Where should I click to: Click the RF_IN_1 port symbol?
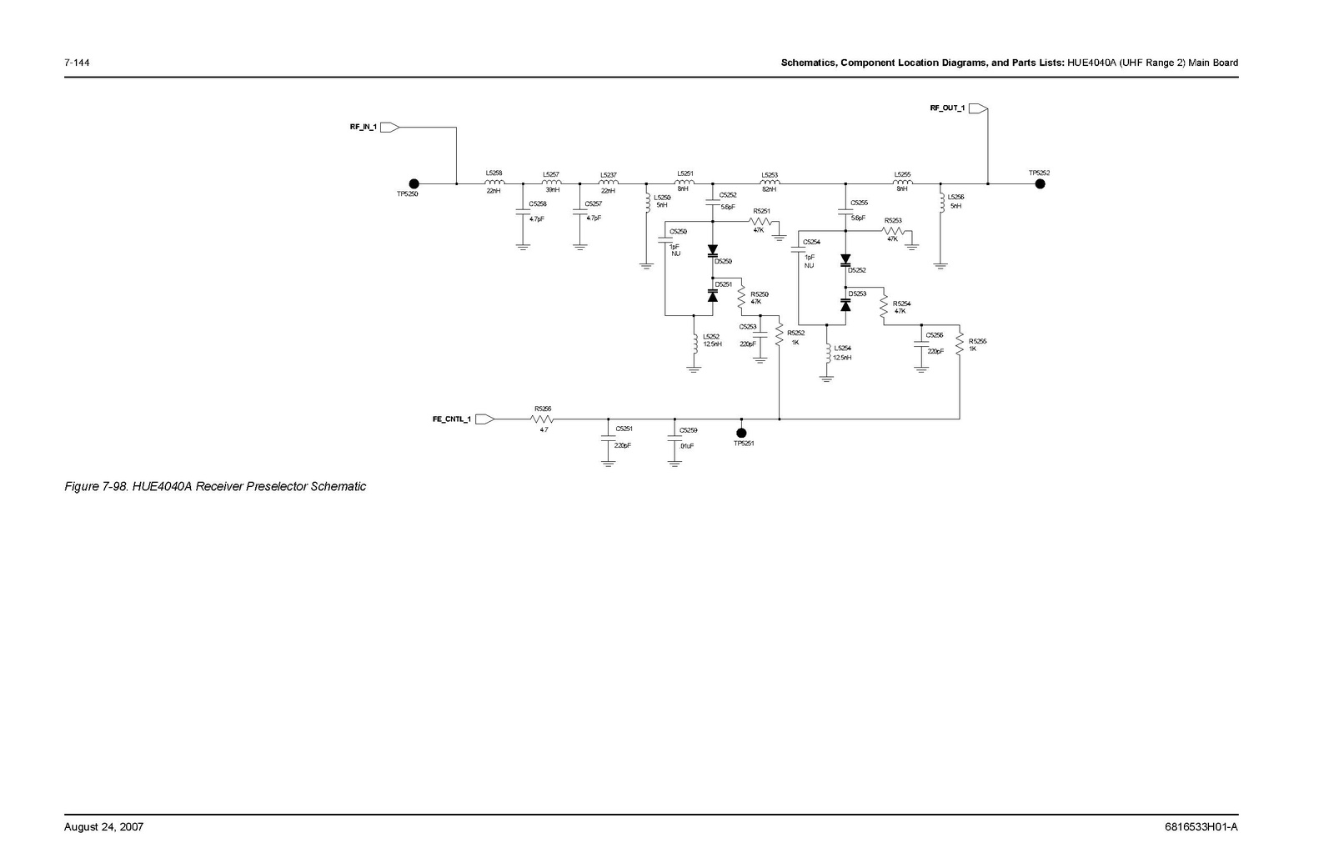[390, 128]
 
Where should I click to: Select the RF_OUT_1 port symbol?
[978, 108]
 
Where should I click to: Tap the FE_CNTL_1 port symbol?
[484, 419]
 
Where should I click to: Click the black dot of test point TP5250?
[414, 184]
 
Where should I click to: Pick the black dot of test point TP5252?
[1040, 184]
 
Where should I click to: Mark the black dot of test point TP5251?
[740, 432]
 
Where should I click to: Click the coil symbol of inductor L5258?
[494, 183]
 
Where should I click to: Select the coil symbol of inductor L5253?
[770, 183]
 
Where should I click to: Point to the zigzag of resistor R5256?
[543, 419]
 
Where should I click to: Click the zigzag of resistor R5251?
[761, 221]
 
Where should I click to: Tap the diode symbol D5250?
[713, 250]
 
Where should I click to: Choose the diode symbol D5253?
[845, 305]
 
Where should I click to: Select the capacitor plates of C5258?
[523, 211]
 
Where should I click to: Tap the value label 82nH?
[769, 190]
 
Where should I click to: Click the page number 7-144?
[78, 63]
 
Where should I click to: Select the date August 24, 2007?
[104, 827]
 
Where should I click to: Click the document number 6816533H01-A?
[1201, 827]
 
